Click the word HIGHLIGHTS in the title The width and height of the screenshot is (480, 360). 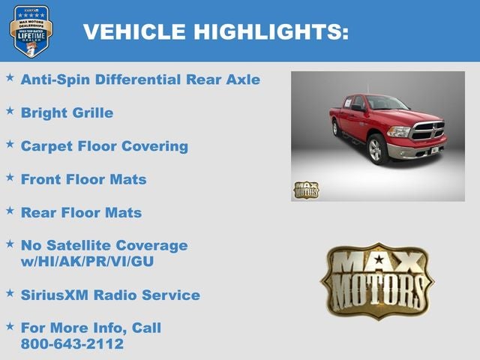[271, 31]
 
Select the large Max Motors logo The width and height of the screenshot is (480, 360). [376, 280]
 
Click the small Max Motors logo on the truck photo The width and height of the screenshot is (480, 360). [305, 190]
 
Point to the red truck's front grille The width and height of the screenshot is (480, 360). [427, 130]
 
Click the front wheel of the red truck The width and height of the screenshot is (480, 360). [377, 149]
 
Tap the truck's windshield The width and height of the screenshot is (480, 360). [387, 103]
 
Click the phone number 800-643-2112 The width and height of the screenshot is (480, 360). [72, 344]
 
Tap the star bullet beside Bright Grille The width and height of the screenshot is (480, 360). [10, 110]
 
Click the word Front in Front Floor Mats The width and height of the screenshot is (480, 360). [42, 179]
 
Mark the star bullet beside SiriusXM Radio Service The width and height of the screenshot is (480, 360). [10, 292]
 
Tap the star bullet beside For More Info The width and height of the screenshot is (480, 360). [10, 325]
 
